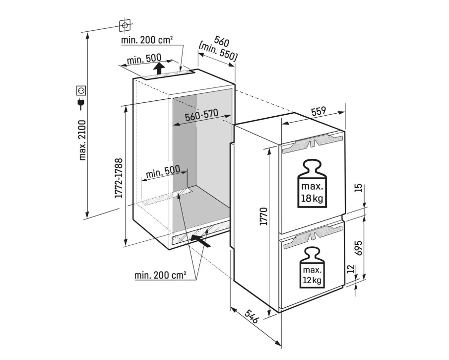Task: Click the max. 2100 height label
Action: click(x=82, y=140)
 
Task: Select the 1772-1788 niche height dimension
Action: click(x=119, y=178)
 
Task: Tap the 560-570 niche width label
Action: click(x=201, y=115)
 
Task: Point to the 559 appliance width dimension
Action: click(x=319, y=111)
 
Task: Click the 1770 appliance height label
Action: click(x=263, y=216)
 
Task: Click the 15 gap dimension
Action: click(x=359, y=188)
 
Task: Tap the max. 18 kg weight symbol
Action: click(x=312, y=183)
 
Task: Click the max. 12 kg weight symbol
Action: click(x=312, y=268)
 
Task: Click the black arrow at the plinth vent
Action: click(x=200, y=240)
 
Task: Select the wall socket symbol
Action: click(x=81, y=90)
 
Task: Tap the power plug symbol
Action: click(x=81, y=104)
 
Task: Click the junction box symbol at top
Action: click(x=125, y=25)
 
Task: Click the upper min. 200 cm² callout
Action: click(x=147, y=40)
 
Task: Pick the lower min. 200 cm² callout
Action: click(x=160, y=275)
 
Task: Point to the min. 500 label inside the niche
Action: click(x=163, y=172)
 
